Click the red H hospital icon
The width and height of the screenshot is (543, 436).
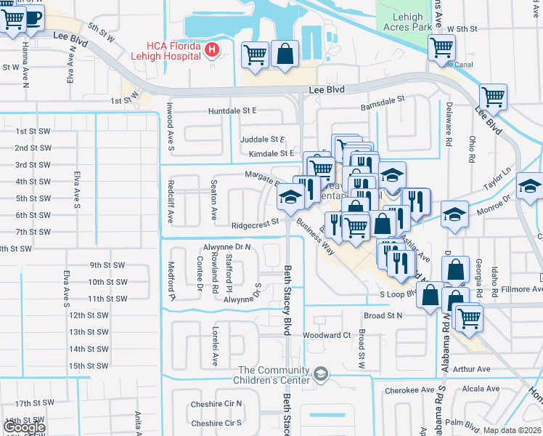[x=212, y=49]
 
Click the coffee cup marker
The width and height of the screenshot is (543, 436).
[x=33, y=17]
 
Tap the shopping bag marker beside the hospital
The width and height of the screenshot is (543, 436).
[x=285, y=53]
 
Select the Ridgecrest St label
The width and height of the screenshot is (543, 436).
[x=256, y=225]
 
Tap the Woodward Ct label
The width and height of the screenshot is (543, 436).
[x=327, y=335]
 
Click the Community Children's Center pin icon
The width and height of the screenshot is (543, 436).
[x=321, y=374]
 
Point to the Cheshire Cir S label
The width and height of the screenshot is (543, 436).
[x=216, y=423]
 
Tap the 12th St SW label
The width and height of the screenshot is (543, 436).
[x=89, y=315]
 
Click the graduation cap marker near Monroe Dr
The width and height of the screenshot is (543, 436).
[x=454, y=214]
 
